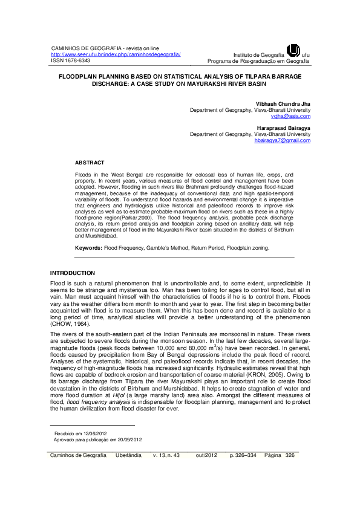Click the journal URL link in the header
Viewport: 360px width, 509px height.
coord(115,54)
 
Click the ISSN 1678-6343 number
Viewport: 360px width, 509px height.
coord(70,61)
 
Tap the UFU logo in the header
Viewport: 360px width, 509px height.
coord(293,50)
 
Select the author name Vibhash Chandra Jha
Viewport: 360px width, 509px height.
coord(283,104)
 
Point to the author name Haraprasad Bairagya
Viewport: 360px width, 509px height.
coord(283,128)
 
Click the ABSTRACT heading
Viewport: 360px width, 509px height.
coord(90,163)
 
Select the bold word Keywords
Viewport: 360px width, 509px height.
coord(88,248)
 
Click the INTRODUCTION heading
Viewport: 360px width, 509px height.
coord(72,273)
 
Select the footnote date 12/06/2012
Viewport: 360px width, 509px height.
coord(97,433)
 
